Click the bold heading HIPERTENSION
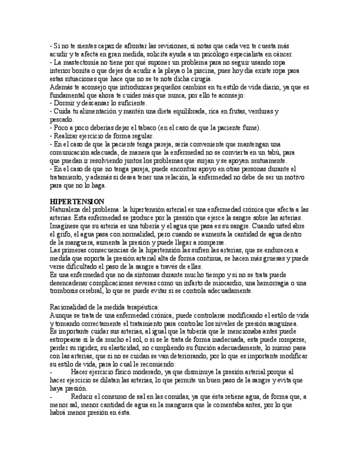pos(77,202)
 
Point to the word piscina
pos(240,71)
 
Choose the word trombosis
pos(66,291)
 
